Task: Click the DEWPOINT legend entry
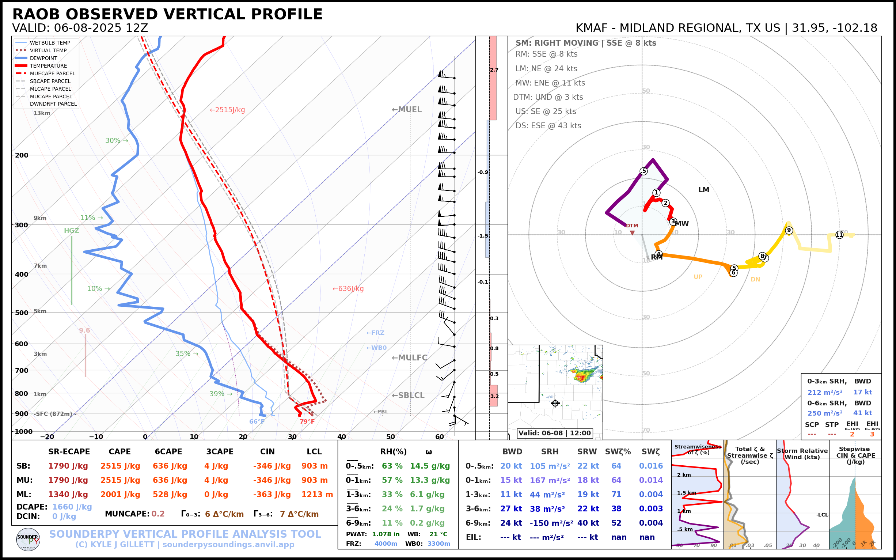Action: coord(43,58)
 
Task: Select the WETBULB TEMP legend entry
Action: coord(50,43)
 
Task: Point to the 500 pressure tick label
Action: coord(22,313)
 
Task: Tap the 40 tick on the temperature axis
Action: coord(341,437)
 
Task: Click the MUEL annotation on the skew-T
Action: coord(407,110)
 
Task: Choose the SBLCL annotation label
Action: coord(408,396)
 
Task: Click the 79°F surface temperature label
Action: coord(307,421)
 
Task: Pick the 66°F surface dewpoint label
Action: coord(257,421)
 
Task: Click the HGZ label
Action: coord(72,231)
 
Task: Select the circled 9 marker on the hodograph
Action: coord(789,230)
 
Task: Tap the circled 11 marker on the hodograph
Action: coord(839,235)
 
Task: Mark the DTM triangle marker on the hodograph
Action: coord(633,233)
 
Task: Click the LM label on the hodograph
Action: coord(703,190)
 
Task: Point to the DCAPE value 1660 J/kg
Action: coord(72,507)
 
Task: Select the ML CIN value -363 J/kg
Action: coord(272,495)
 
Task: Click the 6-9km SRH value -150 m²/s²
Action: coord(551,523)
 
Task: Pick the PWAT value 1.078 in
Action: coord(386,534)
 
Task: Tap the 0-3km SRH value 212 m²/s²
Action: coord(824,392)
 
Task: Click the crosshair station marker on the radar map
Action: coord(555,403)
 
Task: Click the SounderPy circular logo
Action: coord(28,539)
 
